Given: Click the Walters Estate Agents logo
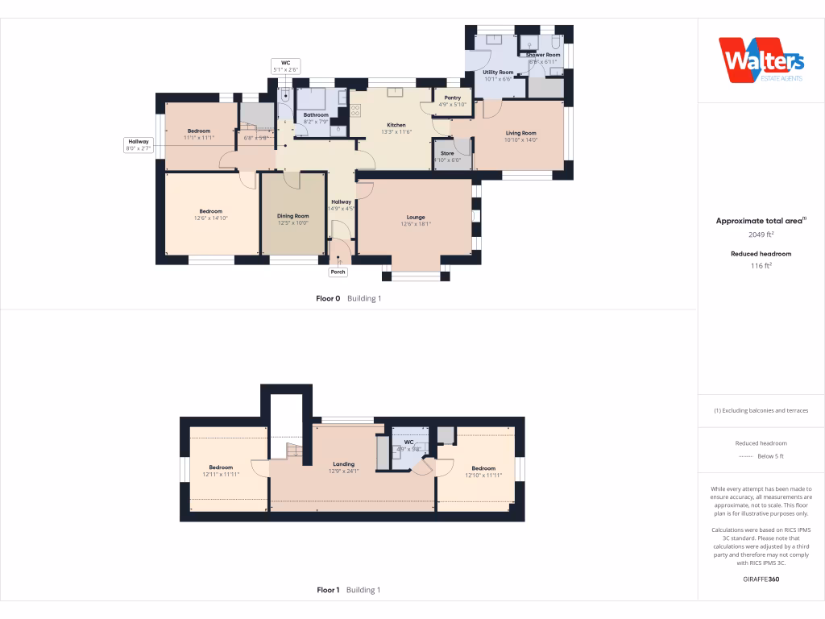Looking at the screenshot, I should [761, 60].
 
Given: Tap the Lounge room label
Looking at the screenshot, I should [416, 218].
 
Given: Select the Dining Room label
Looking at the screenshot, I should [293, 216].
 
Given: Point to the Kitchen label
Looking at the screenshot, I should [396, 125].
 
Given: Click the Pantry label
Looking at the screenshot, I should [453, 98].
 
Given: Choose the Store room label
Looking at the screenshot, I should [447, 153].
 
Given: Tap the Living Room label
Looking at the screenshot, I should [520, 133].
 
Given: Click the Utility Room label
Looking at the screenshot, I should [498, 73].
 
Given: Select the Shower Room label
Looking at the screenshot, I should [542, 55].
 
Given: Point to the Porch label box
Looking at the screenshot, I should [338, 272].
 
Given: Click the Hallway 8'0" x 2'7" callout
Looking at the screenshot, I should [139, 145].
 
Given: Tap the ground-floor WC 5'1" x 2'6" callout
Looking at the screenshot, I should [285, 66].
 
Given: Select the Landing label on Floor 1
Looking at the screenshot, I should [344, 464].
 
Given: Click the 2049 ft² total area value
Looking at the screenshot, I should [761, 235].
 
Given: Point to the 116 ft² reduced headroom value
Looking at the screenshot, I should [761, 265].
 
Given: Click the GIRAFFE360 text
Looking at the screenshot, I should [761, 579].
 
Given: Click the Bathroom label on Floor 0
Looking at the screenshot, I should [316, 115].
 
